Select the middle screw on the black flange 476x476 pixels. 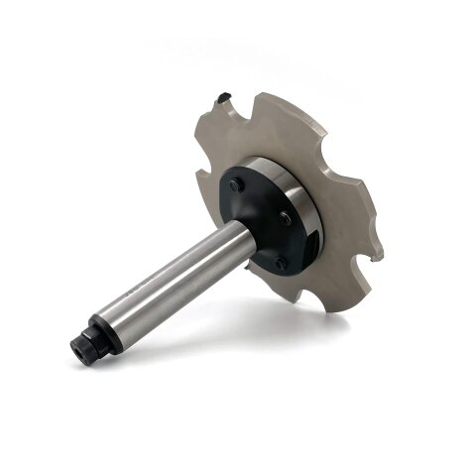coord(286,218)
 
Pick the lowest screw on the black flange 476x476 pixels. coord(281,263)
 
